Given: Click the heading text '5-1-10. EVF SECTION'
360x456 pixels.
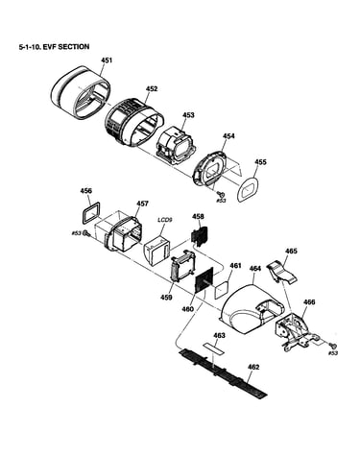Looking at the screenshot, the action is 54,47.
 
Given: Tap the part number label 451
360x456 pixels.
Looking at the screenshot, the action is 107,60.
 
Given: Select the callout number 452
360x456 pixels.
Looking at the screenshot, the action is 152,89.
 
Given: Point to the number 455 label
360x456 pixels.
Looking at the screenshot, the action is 260,162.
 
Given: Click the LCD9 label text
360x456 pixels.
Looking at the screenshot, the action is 165,220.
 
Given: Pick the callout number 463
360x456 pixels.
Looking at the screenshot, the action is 219,335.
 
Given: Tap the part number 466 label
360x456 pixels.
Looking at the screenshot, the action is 309,302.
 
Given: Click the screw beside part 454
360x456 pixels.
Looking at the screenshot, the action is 220,194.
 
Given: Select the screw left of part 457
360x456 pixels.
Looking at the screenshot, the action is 85,233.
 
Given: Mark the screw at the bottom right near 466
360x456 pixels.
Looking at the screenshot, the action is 333,346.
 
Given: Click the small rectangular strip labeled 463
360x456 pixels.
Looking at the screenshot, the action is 213,348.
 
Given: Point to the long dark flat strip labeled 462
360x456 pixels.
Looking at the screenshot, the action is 224,372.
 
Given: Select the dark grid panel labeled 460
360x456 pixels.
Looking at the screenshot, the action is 204,280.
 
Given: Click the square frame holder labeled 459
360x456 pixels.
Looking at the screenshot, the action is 182,266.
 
